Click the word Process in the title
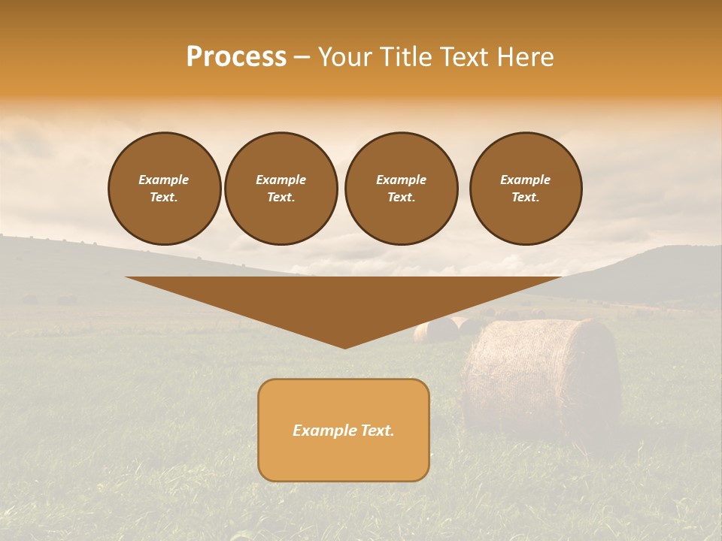pos(236,57)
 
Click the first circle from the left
pos(164,189)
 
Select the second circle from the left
pos(281,189)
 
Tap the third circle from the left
pos(401,189)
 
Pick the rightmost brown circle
pos(526,189)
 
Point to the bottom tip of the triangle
pos(344,346)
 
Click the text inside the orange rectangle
pos(344,431)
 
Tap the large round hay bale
pos(541,376)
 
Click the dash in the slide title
pos(302,58)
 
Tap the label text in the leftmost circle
pos(164,189)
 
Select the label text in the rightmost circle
pos(526,189)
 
